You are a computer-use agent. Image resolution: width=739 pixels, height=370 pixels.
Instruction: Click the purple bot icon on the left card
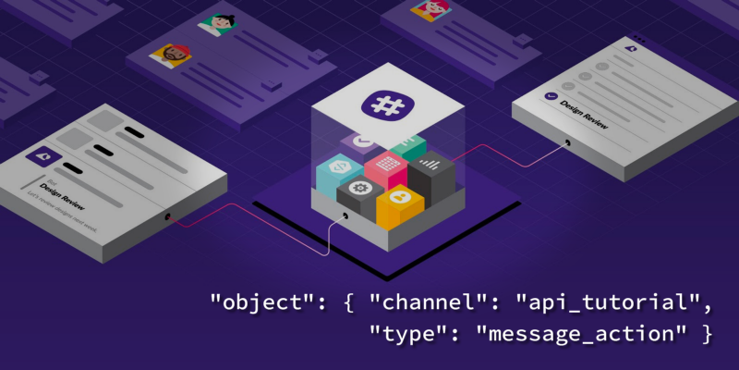(x=41, y=156)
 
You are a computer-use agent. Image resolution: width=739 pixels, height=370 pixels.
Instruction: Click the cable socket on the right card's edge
(x=565, y=143)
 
